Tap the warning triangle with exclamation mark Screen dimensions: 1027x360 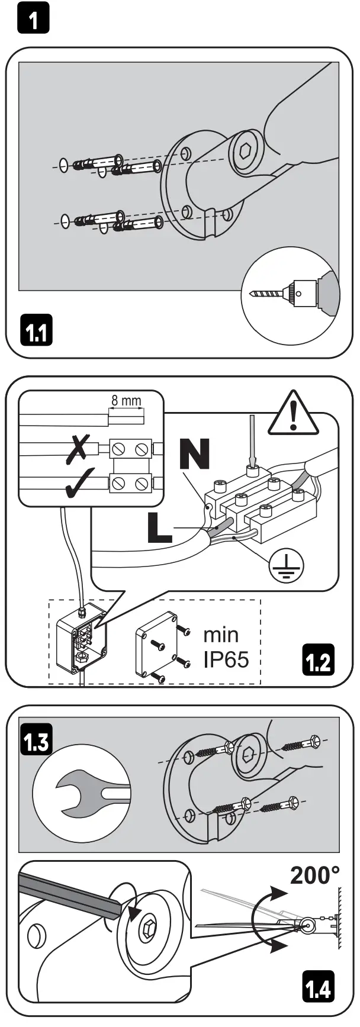[293, 413]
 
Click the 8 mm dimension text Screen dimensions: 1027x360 [126, 401]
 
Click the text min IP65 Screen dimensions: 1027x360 [225, 646]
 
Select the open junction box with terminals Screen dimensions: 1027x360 [82, 639]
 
